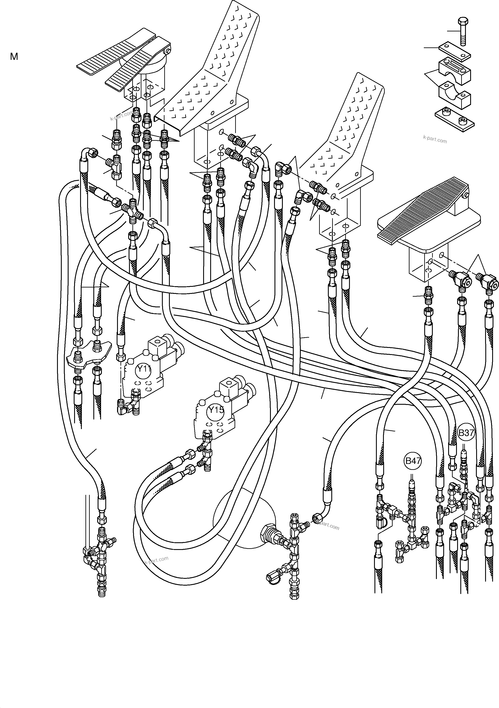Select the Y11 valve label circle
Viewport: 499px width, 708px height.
143,369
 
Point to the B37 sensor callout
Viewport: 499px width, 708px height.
466,433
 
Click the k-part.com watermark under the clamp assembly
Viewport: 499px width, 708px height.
435,139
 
